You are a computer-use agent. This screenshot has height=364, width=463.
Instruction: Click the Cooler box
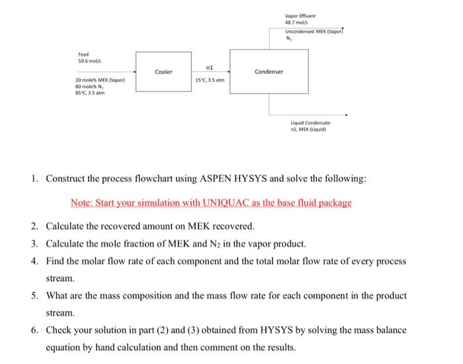click(x=163, y=71)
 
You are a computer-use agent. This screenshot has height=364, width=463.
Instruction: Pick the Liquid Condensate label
click(x=311, y=123)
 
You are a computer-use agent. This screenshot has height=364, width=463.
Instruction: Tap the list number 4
click(x=34, y=261)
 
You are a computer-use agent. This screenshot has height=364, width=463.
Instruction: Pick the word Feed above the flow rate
click(x=83, y=55)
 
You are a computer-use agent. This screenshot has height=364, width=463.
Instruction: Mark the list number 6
click(x=34, y=329)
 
